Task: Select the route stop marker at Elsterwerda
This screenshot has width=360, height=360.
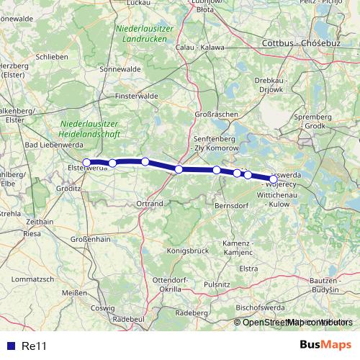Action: (87, 163)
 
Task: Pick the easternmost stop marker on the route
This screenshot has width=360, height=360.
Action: (273, 179)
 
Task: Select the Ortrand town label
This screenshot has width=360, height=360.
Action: (150, 204)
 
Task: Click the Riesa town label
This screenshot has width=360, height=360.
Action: (32, 234)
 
